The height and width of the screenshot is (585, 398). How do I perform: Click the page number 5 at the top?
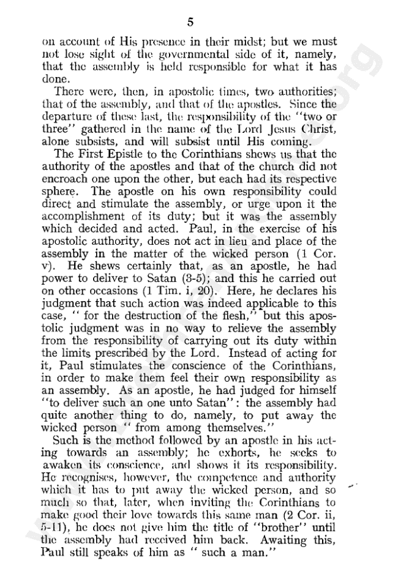tap(190, 23)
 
